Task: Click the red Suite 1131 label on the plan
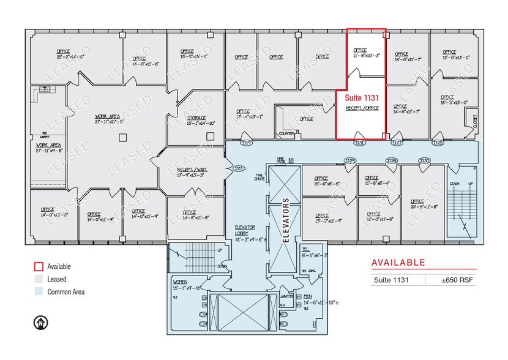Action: [361, 97]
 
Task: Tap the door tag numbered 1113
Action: [247, 143]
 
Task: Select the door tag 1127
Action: [397, 143]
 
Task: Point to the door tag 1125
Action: [438, 143]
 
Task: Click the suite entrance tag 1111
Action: [239, 168]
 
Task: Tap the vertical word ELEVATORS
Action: [285, 220]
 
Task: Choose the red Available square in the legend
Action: [38, 266]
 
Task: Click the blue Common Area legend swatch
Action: [38, 291]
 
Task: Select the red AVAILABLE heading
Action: [398, 263]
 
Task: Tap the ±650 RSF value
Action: [457, 280]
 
